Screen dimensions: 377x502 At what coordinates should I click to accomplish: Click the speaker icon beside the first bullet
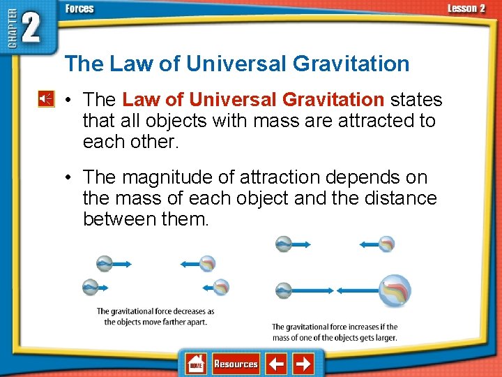(x=45, y=99)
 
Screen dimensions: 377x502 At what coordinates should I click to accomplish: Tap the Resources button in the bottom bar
(x=236, y=364)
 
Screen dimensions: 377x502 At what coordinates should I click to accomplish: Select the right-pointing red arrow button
(x=303, y=364)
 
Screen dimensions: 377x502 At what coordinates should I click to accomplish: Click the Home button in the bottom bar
(x=196, y=364)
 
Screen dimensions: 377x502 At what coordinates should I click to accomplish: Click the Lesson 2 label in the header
(x=466, y=8)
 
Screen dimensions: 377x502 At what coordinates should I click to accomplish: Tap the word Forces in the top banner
(x=79, y=9)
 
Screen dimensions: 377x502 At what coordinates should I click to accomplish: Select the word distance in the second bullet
(x=399, y=199)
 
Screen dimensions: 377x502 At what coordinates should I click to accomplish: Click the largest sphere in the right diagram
(x=395, y=290)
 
